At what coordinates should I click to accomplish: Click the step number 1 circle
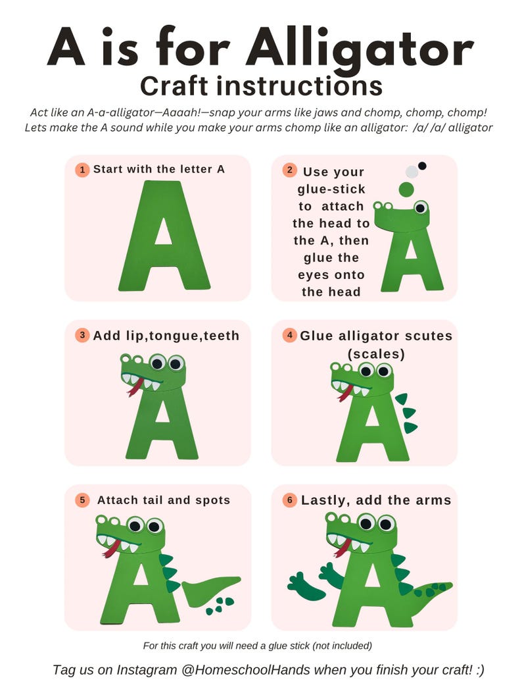pos(82,170)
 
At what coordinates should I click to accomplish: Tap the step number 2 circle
pos(290,170)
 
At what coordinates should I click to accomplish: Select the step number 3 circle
pos(82,335)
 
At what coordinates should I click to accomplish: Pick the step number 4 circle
pos(290,335)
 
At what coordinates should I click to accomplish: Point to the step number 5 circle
pos(82,500)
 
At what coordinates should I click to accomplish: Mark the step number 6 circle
pos(290,500)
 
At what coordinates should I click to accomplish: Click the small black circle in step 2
pos(422,166)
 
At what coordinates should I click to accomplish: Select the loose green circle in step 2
pos(406,190)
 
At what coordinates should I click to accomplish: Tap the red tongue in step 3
pos(135,388)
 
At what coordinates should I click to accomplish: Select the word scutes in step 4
pos(424,336)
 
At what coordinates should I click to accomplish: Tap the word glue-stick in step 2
pos(331,190)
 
